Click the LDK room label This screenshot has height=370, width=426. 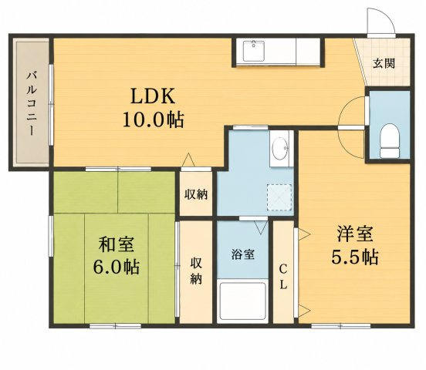tap(153, 96)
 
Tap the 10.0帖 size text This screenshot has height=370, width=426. tap(154, 119)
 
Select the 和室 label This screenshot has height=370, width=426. tap(116, 244)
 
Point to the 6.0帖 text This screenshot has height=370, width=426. tap(117, 267)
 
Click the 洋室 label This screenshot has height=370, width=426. tap(355, 234)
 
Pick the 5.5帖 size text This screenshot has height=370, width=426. tap(355, 257)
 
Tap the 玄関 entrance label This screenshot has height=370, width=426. tap(384, 63)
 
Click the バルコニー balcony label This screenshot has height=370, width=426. tap(32, 103)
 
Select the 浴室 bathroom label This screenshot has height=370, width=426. tap(243, 254)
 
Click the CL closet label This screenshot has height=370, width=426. tap(283, 277)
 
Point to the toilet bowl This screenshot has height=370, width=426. tap(390, 140)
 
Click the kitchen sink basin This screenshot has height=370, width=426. tap(253, 51)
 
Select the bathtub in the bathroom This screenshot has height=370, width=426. tap(242, 301)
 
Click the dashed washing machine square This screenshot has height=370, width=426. tap(279, 197)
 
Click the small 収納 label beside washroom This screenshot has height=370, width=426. tap(196, 194)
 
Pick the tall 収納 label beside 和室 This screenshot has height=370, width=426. tap(196, 271)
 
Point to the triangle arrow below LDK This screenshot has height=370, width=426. tap(188, 160)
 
